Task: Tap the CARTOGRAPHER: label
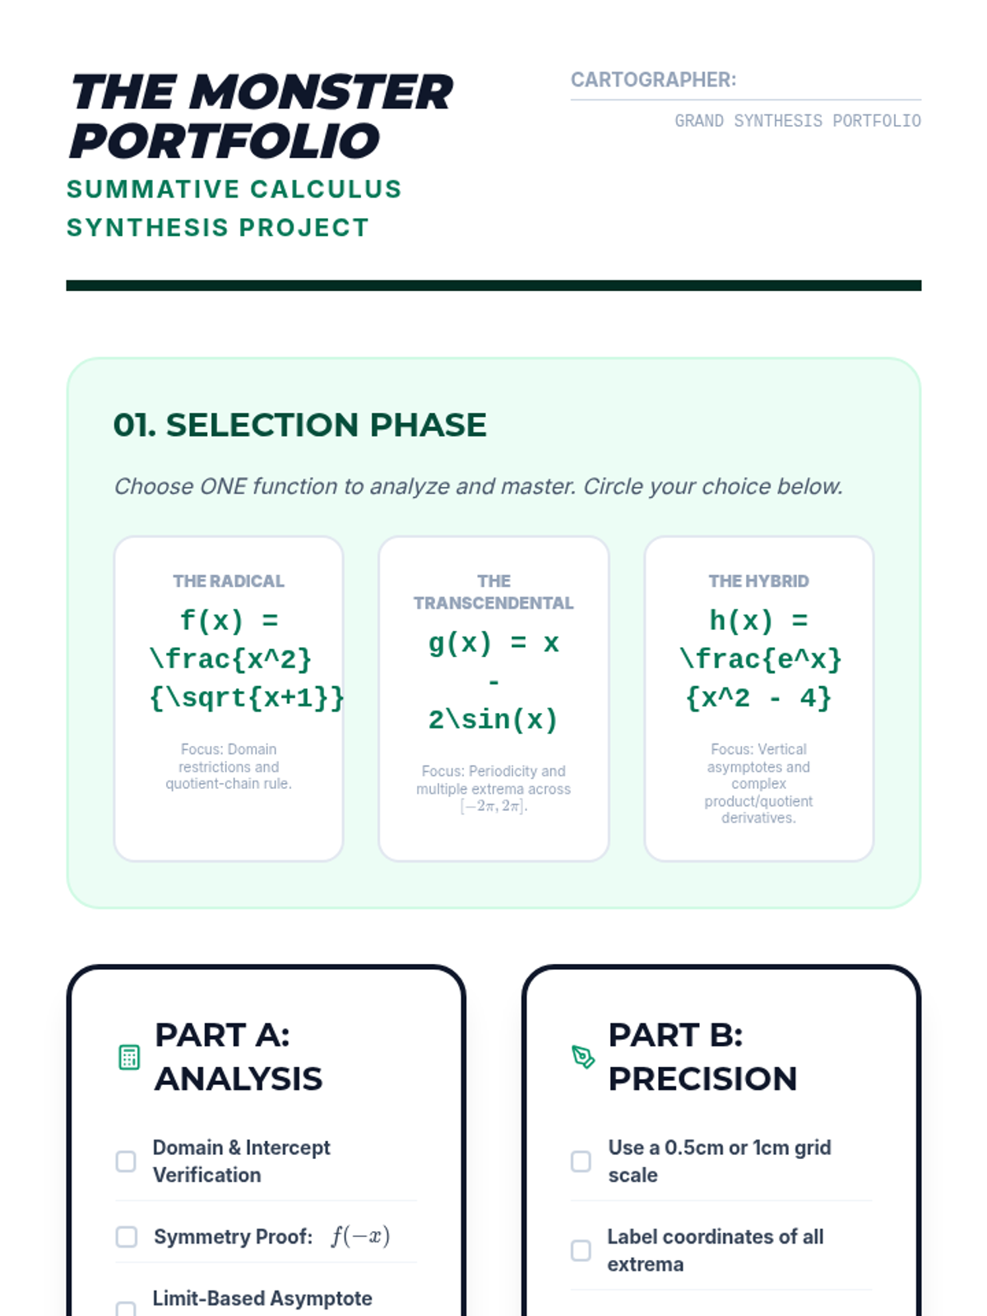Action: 653,80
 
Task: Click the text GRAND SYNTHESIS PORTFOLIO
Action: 798,121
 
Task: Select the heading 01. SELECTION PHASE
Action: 299,425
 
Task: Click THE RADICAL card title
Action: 229,581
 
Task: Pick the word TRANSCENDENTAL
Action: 493,603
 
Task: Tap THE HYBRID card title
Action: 758,581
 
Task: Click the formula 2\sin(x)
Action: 493,720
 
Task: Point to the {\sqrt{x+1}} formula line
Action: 247,697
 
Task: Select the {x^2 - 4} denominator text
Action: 758,697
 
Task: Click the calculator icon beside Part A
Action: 129,1057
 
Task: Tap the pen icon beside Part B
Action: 583,1057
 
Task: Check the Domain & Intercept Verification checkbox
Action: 126,1161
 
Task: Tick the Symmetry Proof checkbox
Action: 126,1237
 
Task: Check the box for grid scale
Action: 581,1161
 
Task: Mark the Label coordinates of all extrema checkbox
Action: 581,1251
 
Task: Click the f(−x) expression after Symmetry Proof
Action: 361,1237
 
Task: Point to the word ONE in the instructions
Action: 223,486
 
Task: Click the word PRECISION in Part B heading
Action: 702,1079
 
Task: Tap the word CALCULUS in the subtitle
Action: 326,189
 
